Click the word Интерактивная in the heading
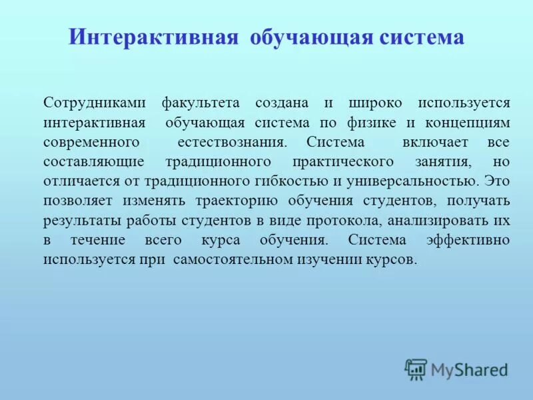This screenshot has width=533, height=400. coord(153,37)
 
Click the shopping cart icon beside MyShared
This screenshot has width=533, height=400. coord(416,369)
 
